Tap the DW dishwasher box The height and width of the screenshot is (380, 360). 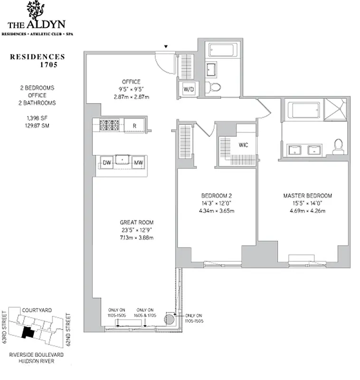[107, 163]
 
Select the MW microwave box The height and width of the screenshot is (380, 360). [138, 163]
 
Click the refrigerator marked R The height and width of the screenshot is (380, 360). [134, 125]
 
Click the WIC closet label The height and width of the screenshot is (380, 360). [243, 144]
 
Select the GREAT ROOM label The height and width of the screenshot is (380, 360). [137, 222]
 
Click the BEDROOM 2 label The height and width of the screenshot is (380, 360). [216, 196]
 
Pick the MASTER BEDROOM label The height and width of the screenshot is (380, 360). [307, 196]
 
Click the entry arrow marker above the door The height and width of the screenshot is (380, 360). [166, 47]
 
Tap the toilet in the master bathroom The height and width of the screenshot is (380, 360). [338, 146]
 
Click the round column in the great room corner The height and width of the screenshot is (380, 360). [169, 319]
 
